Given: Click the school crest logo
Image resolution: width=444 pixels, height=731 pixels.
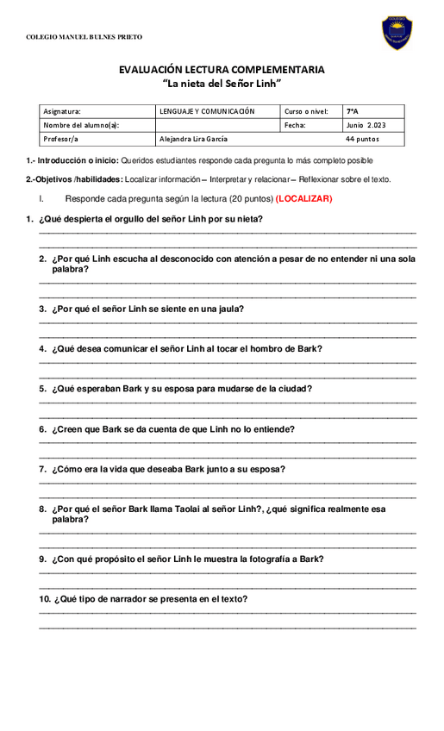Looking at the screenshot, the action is click(397, 33).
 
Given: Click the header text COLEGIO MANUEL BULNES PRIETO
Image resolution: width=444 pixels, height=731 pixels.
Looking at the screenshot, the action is click(84, 37).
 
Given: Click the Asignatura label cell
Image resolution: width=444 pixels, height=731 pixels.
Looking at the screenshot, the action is click(62, 111).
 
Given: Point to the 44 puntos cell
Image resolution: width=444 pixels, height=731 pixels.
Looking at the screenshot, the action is click(362, 139).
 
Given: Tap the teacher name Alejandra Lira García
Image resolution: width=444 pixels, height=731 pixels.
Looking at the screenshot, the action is click(193, 139).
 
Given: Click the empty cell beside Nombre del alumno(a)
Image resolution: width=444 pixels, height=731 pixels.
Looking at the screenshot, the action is click(217, 125).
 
